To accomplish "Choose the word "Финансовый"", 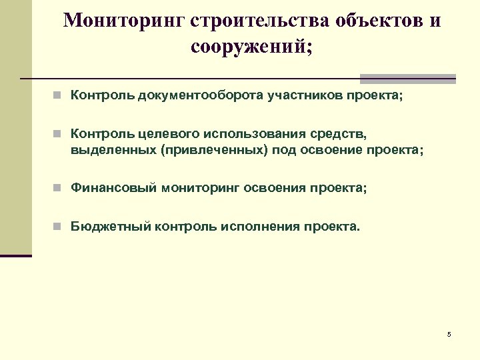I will (114, 188).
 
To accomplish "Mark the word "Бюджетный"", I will (111, 227).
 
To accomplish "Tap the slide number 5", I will (449, 334).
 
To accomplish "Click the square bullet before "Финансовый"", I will (59, 189).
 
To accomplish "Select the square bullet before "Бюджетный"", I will (59, 227).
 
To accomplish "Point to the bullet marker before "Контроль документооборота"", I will (59, 96).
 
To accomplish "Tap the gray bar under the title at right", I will (407, 77).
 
